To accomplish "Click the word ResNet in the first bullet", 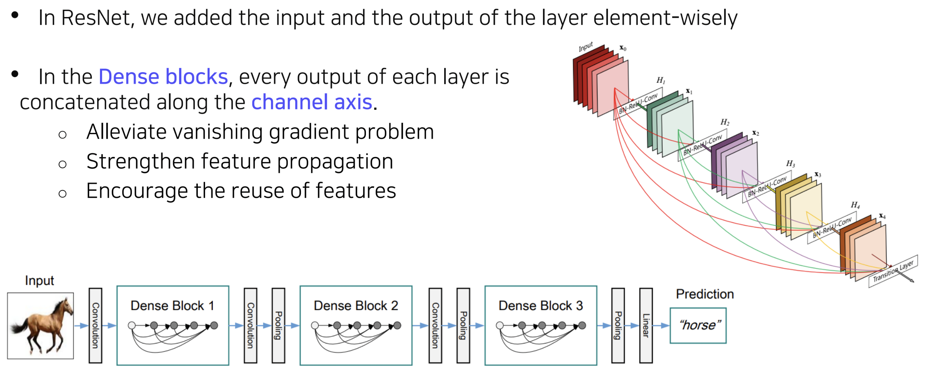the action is pos(96,18).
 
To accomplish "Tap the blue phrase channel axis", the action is pos(312,102).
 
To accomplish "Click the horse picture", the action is pos(41,325).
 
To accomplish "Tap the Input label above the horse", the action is pos(39,280).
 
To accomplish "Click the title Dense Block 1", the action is pos(172,305).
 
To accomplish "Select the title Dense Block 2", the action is pos(356,305).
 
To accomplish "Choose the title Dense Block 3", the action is pos(541,305).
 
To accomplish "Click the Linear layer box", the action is pos(646,325).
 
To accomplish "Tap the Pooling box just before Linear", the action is pos(618,325).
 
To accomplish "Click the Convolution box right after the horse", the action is pos(95,325).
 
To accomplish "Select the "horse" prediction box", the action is pos(698,325).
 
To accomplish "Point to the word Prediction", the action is pos(705,294).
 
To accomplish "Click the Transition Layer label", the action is pos(893,271).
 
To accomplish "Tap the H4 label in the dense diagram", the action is pos(855,205).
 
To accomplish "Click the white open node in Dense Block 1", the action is pos(132,325).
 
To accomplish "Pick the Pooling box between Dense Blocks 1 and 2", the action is pos(278,325).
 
